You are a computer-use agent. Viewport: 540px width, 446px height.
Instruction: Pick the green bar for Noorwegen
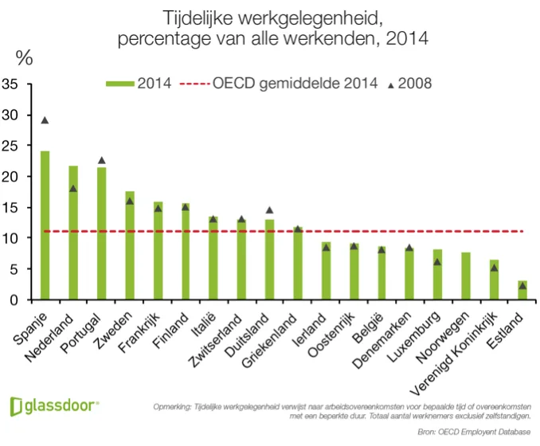click(x=466, y=276)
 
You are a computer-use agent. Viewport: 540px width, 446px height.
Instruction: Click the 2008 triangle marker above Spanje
click(x=45, y=120)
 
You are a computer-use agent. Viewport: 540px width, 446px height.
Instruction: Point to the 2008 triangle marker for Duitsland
click(x=269, y=210)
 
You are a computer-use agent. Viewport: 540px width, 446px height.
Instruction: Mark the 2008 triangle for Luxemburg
click(x=438, y=262)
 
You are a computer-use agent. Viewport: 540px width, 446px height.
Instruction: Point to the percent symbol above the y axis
click(x=25, y=58)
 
